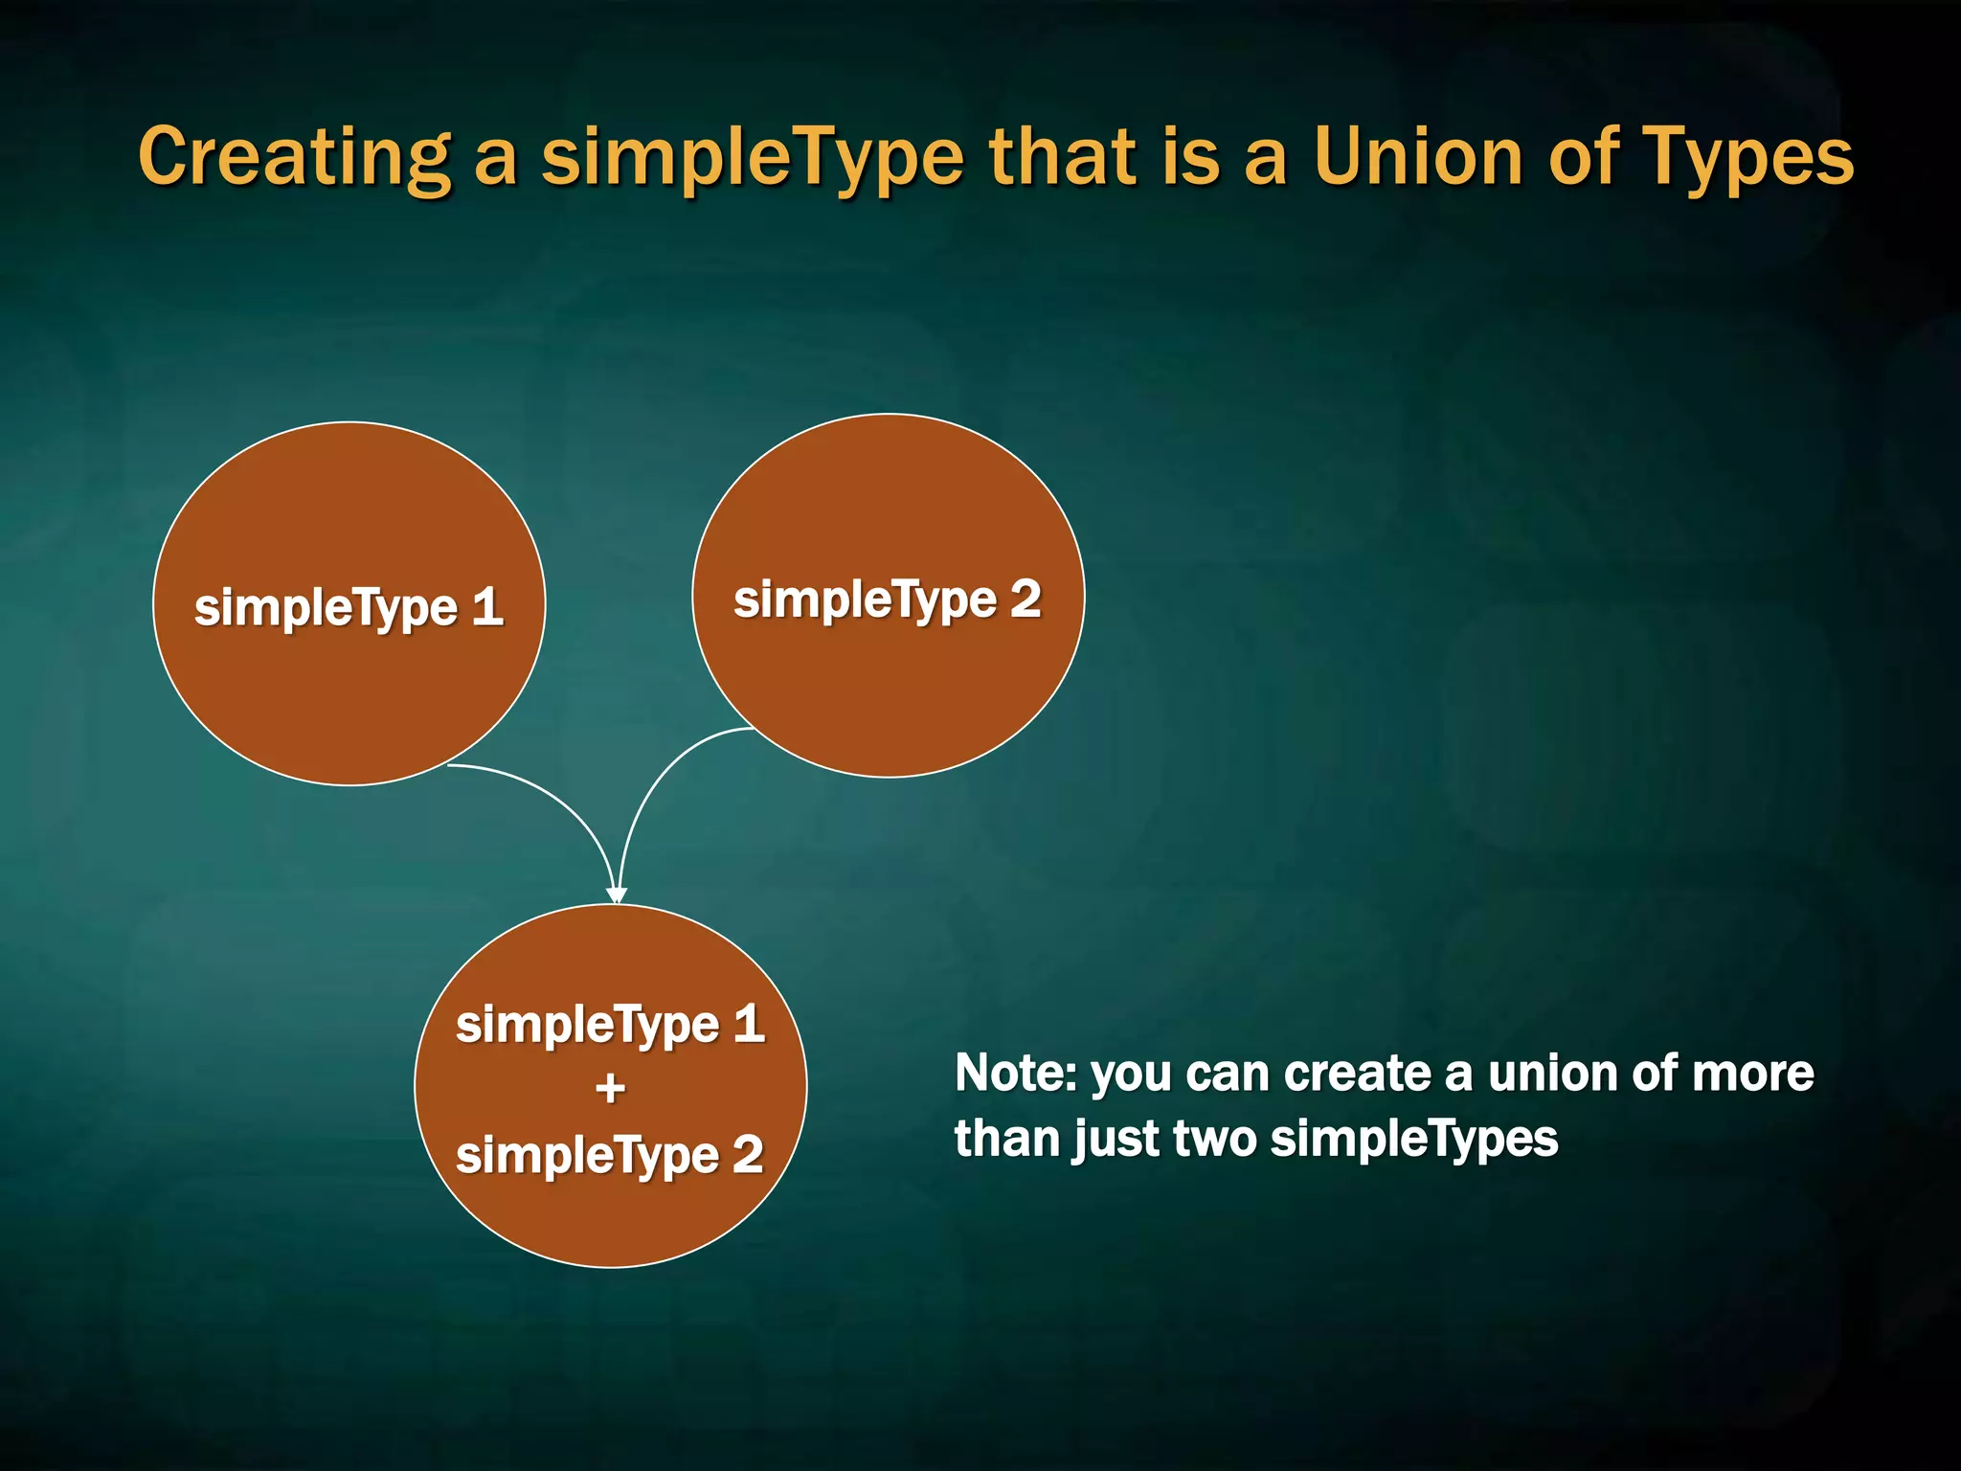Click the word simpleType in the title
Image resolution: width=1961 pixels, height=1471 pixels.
pos(753,158)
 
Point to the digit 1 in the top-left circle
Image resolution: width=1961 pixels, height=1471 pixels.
pos(487,607)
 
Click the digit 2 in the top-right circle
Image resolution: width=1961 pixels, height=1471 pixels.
pos(1026,600)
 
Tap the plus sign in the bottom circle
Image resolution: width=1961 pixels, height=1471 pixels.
pos(610,1089)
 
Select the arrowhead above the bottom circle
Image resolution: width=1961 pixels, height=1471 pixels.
pos(617,895)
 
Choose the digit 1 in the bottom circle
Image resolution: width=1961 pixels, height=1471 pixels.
pos(749,1024)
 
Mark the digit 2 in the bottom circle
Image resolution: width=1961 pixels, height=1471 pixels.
pos(748,1154)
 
